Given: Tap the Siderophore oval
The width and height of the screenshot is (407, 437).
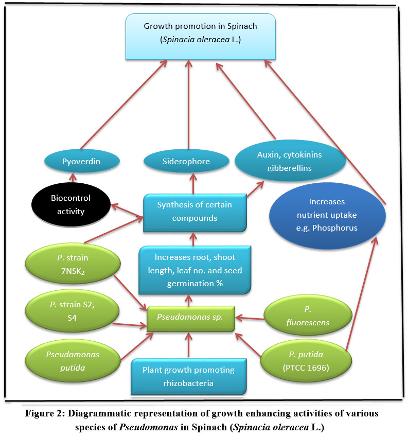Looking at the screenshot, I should [x=186, y=161].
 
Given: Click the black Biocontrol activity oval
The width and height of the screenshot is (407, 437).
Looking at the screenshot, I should [x=70, y=205].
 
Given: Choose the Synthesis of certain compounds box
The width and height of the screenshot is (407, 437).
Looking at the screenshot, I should [x=194, y=212].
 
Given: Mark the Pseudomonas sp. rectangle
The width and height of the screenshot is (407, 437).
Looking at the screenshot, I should [x=190, y=317].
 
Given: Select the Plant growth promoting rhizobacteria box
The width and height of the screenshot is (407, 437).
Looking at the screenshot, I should [x=188, y=377].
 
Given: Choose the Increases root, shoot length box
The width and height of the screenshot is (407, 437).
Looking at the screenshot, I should [x=194, y=270].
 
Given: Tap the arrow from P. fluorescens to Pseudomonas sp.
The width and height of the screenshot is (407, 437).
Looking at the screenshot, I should [x=250, y=319].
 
